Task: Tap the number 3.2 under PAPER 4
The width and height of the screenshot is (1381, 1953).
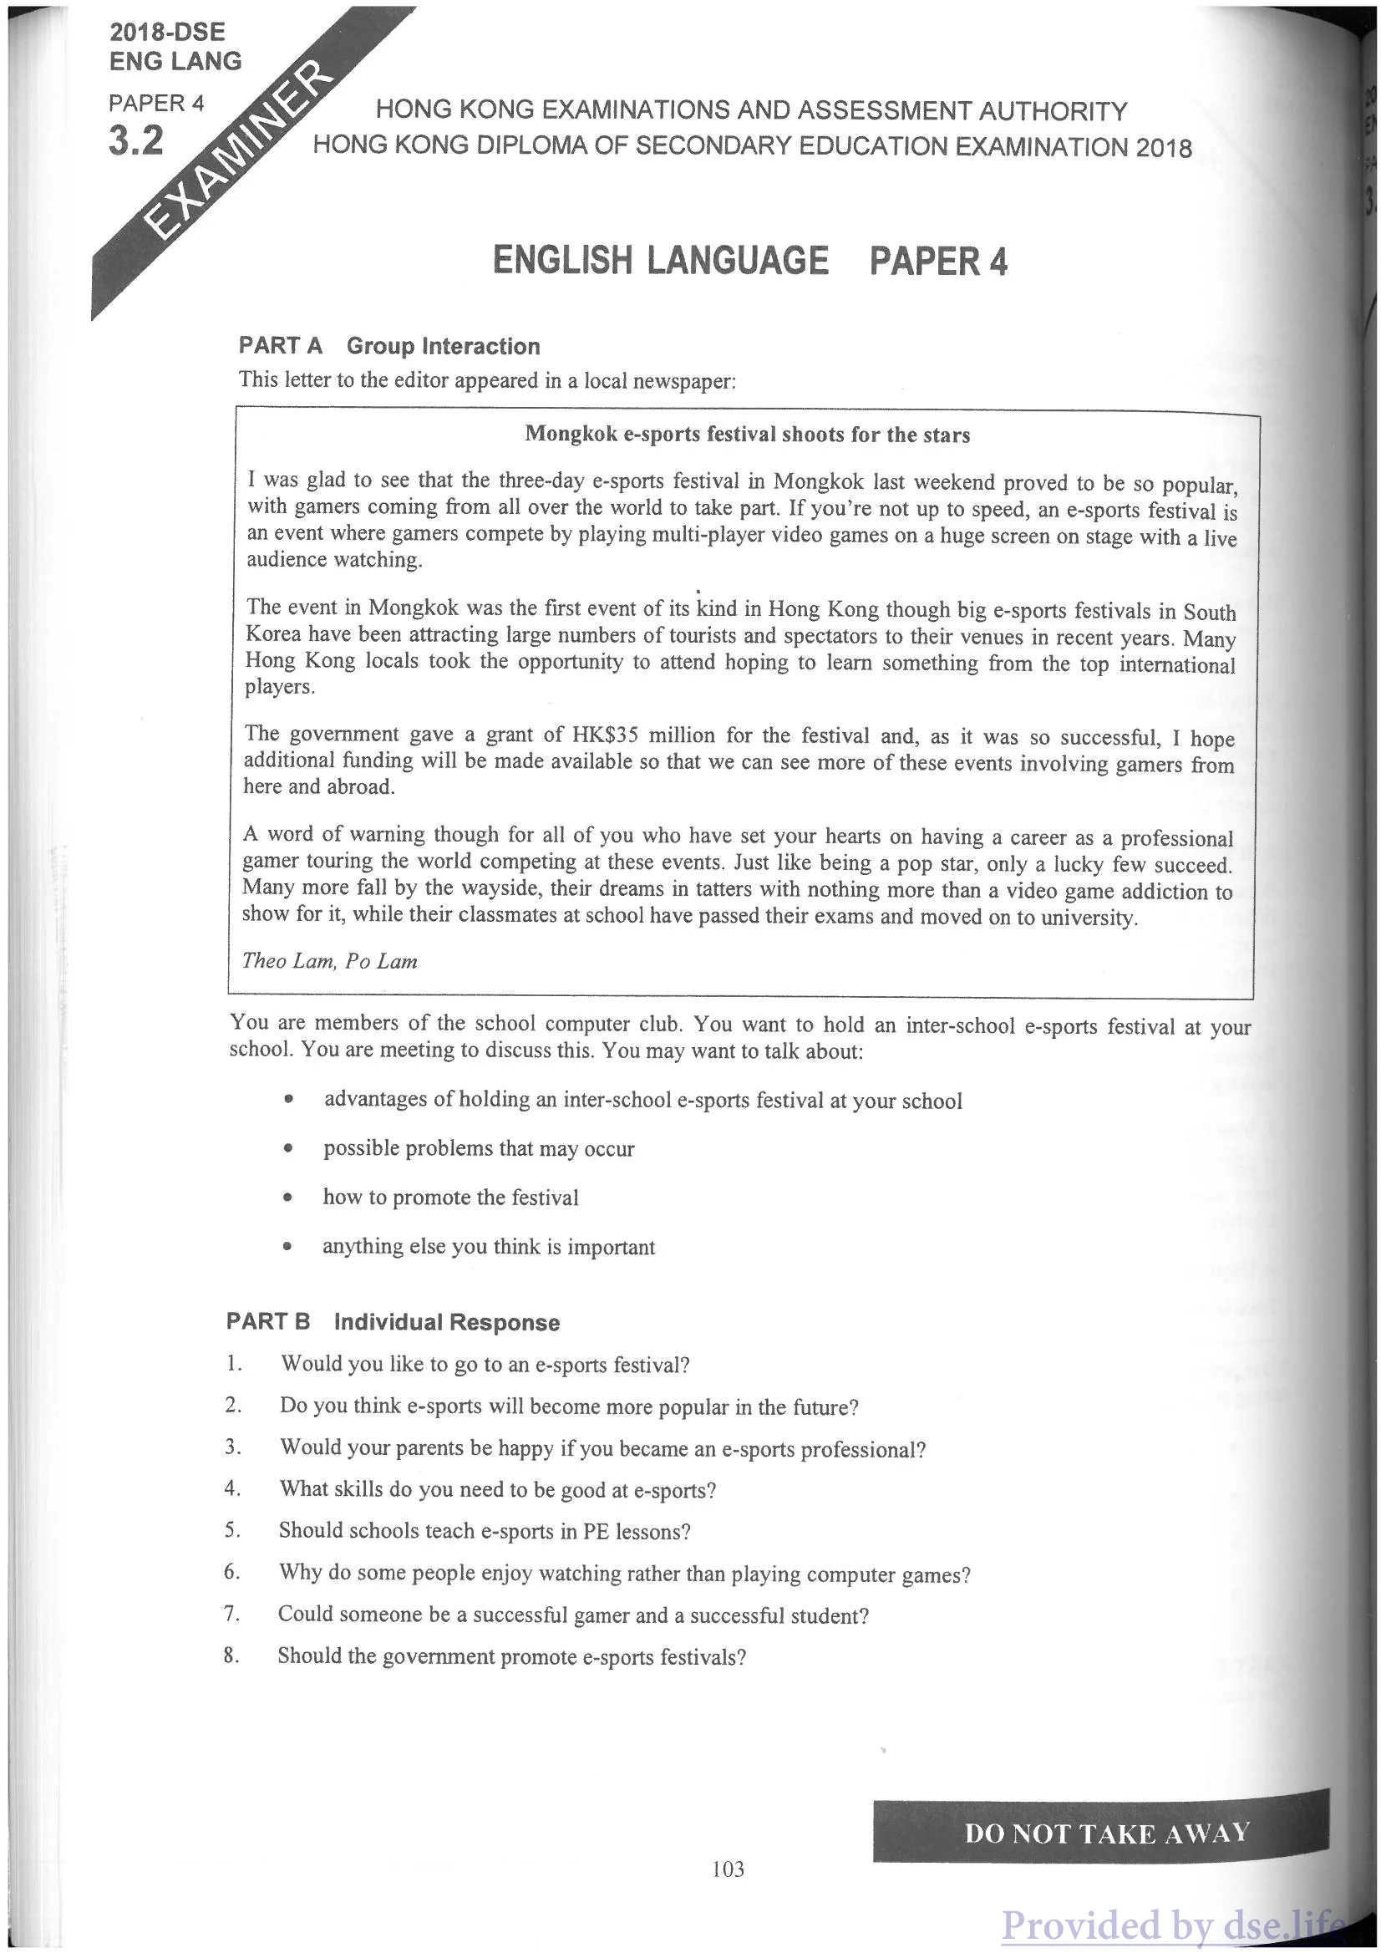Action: (136, 140)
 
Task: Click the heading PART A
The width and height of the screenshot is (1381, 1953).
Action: (281, 345)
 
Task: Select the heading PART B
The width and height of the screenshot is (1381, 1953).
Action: (268, 1321)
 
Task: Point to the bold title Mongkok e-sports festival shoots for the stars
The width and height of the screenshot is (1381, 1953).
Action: (747, 435)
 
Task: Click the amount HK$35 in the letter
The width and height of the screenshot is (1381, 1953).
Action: (605, 735)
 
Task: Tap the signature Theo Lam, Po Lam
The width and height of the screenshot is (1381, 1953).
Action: (330, 961)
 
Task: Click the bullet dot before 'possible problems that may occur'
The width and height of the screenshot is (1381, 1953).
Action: (289, 1148)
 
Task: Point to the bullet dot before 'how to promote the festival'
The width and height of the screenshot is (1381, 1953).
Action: (288, 1198)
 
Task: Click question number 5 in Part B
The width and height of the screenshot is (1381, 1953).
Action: (232, 1530)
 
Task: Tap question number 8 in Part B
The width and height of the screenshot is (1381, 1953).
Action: (231, 1655)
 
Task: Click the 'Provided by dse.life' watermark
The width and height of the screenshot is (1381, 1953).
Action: (1174, 1924)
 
